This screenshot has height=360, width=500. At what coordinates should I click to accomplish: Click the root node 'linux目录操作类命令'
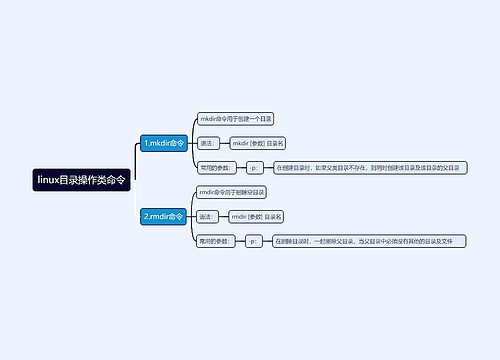click(81, 180)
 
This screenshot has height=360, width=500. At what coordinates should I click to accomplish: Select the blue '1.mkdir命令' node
click(163, 143)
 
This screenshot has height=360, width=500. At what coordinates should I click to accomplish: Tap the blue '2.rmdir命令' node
click(163, 216)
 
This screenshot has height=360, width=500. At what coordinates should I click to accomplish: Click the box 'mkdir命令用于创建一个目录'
click(236, 118)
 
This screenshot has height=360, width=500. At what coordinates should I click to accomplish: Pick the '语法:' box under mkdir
click(208, 143)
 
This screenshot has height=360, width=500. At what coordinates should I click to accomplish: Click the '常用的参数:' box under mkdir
click(216, 167)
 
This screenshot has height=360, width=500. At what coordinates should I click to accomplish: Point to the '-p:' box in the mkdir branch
click(254, 167)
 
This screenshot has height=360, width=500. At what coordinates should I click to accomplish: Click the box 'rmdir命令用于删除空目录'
click(233, 191)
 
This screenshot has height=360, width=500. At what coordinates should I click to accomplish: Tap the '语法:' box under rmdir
click(208, 216)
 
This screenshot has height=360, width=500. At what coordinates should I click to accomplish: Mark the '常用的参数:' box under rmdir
click(216, 241)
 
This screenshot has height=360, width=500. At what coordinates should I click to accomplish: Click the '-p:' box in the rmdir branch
click(254, 241)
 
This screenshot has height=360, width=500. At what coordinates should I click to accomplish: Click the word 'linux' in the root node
click(47, 180)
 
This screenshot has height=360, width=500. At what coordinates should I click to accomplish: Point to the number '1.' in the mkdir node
click(146, 143)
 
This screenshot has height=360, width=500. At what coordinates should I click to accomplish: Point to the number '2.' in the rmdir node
click(146, 216)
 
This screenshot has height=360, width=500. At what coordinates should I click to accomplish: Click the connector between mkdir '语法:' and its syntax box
click(225, 143)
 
